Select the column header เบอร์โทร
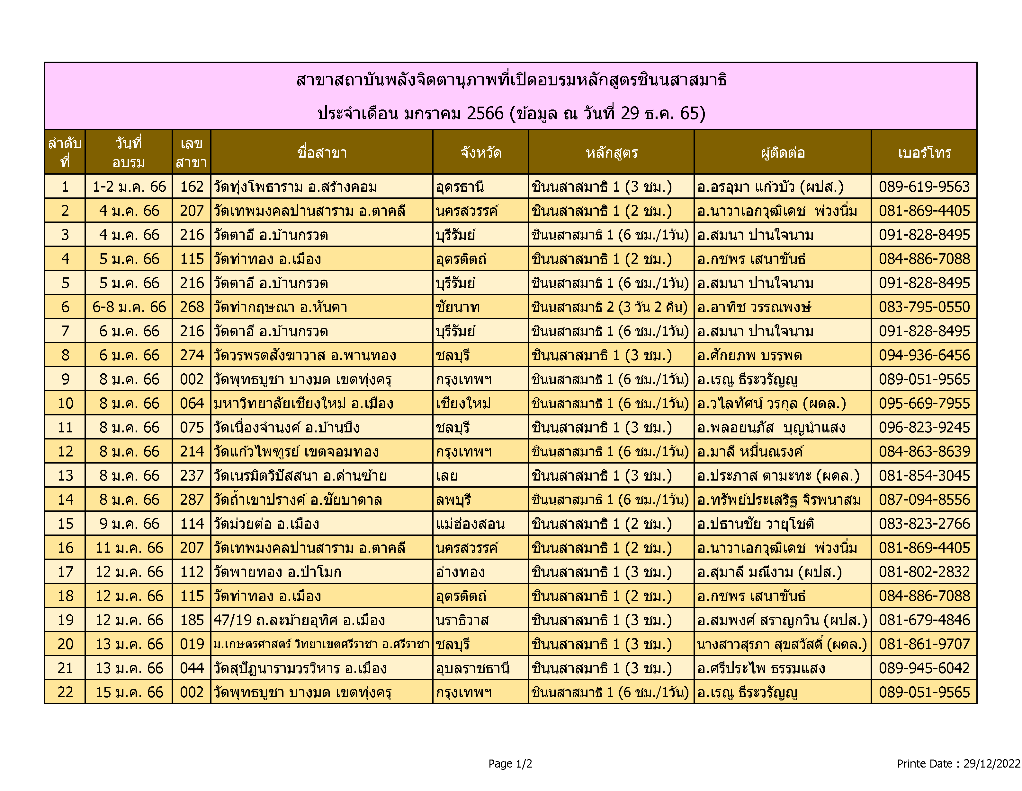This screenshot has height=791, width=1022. pyautogui.click(x=924, y=153)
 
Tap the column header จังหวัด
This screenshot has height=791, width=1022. pyautogui.click(x=481, y=153)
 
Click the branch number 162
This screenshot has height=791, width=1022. pyautogui.click(x=192, y=187)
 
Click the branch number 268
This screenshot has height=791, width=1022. pyautogui.click(x=192, y=307)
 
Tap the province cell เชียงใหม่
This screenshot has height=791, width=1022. pyautogui.click(x=463, y=404)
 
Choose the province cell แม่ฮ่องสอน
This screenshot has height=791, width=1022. pyautogui.click(x=470, y=524)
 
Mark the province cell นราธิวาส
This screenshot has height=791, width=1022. pyautogui.click(x=462, y=620)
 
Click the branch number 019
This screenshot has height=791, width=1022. pyautogui.click(x=192, y=644)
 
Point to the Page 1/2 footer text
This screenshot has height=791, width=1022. pyautogui.click(x=510, y=763)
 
